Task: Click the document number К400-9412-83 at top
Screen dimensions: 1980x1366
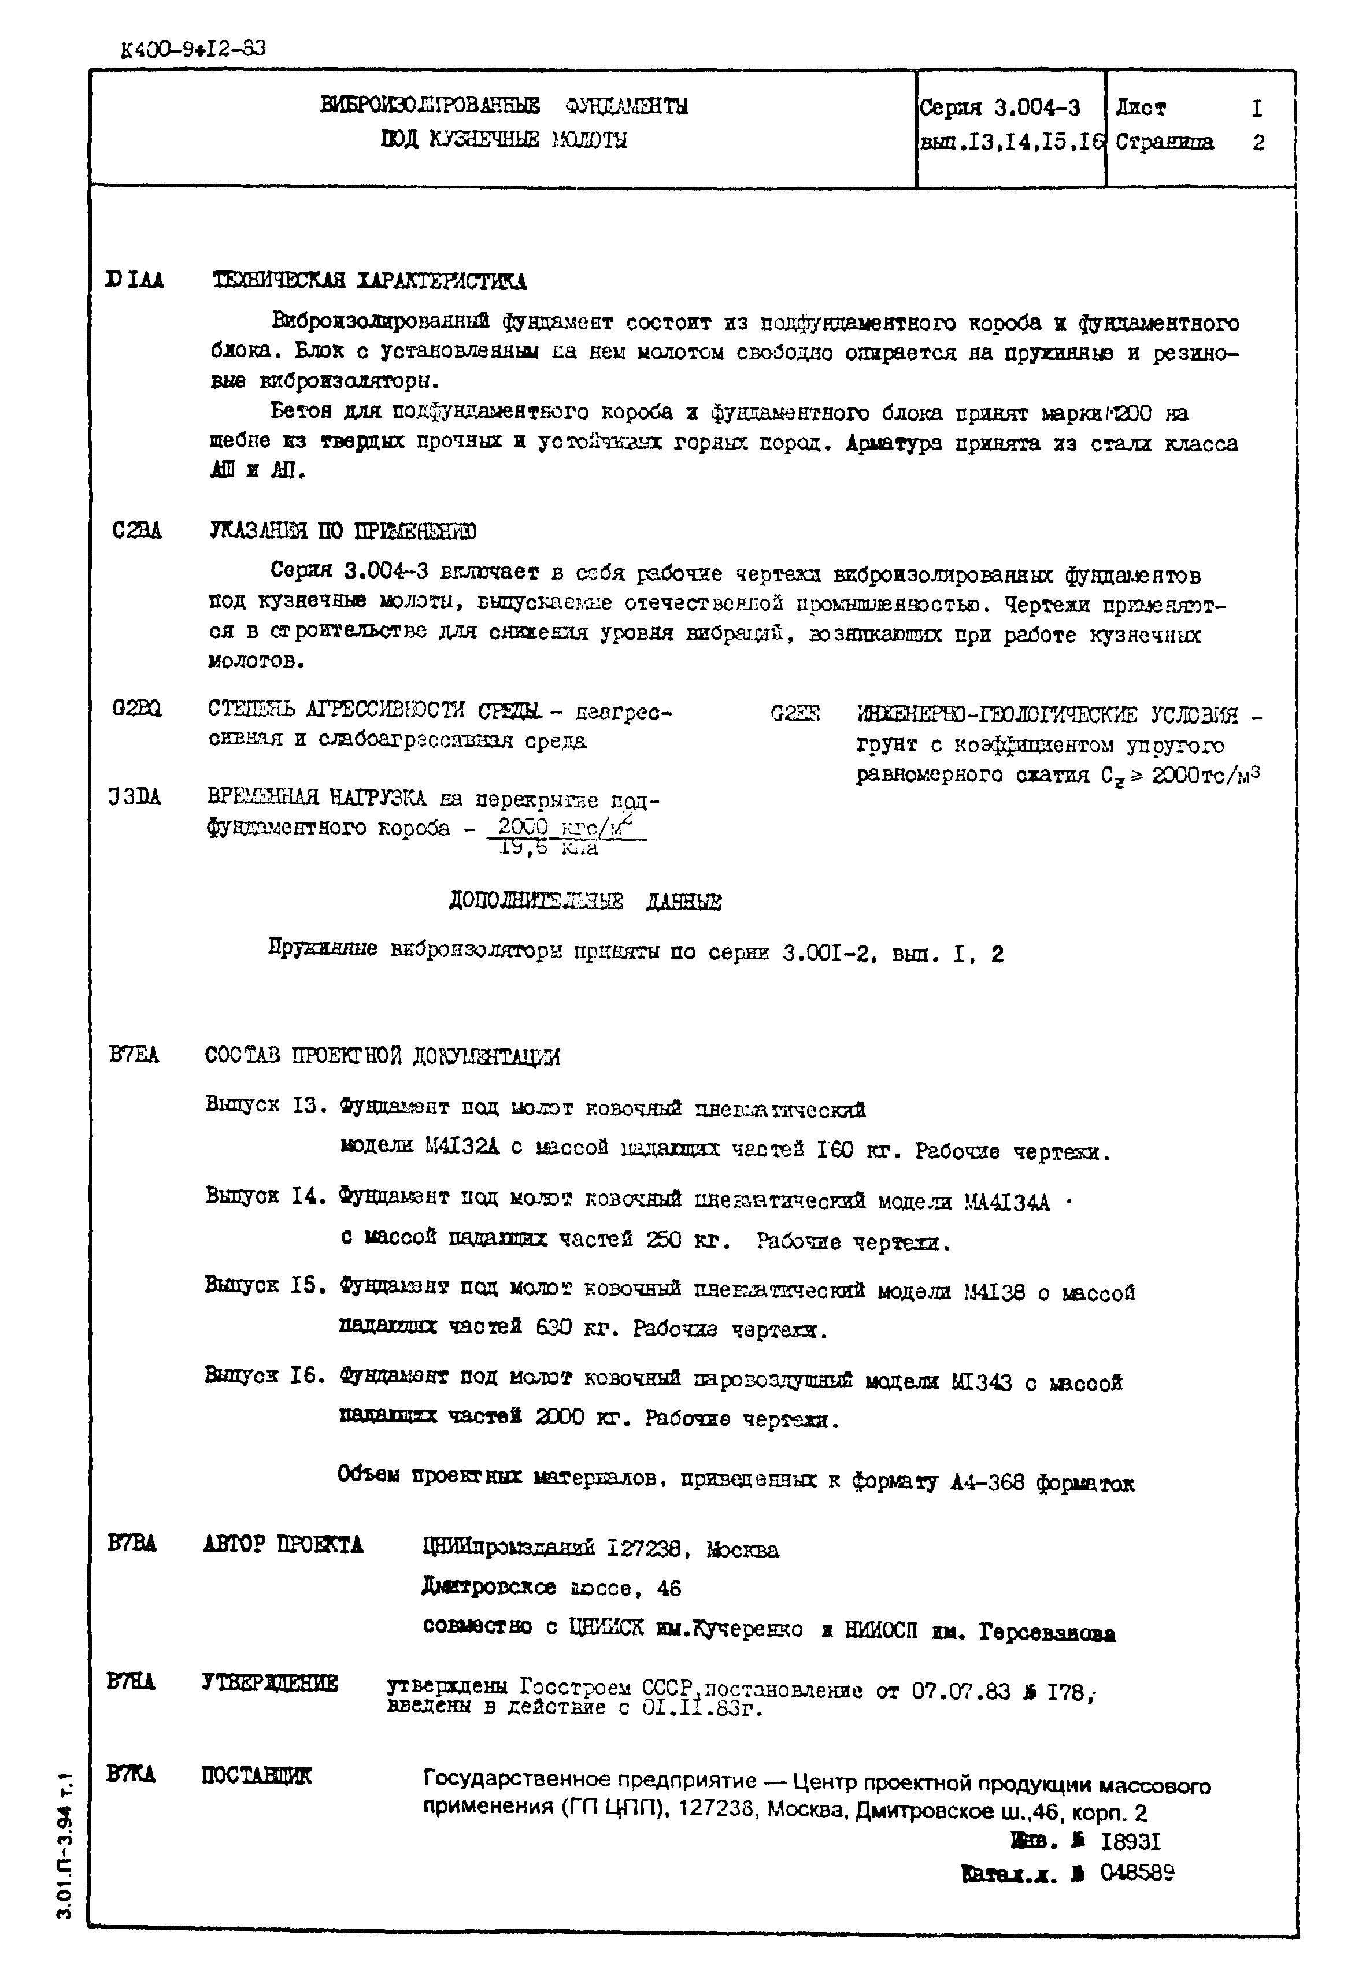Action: [x=194, y=49]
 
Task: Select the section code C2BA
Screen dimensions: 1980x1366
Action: [x=137, y=531]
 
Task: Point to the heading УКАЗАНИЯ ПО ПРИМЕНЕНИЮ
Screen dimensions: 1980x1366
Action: [x=342, y=531]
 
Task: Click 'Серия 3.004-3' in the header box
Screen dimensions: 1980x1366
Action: [x=999, y=108]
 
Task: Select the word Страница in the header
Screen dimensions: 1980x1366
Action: [x=1164, y=142]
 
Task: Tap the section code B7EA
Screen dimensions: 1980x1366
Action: [x=134, y=1055]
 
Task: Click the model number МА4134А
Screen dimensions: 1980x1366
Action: [x=1006, y=1202]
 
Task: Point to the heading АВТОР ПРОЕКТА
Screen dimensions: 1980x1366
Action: [x=283, y=1544]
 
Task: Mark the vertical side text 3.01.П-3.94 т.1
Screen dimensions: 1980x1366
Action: [x=66, y=1848]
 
